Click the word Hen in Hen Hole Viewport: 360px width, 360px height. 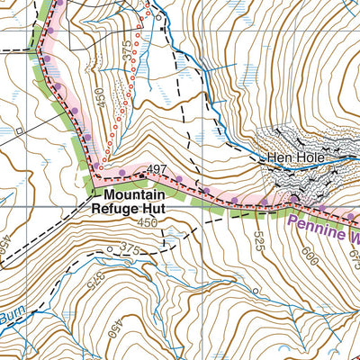[274, 159]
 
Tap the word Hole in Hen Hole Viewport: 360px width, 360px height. [305, 159]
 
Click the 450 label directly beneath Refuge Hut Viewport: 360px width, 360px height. [148, 222]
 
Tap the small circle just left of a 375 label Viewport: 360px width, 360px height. [110, 249]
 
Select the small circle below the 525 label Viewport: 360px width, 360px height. [255, 291]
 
